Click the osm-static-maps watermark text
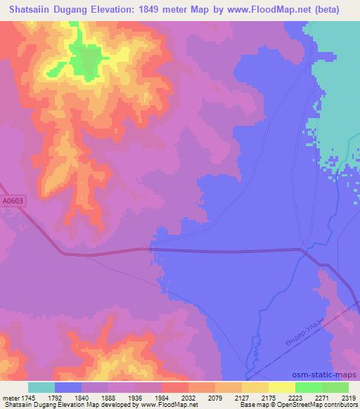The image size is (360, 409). click(x=326, y=375)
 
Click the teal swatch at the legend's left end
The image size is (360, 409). click(x=41, y=387)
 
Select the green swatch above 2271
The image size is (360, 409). click(x=309, y=387)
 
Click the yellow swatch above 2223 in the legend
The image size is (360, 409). click(x=282, y=387)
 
